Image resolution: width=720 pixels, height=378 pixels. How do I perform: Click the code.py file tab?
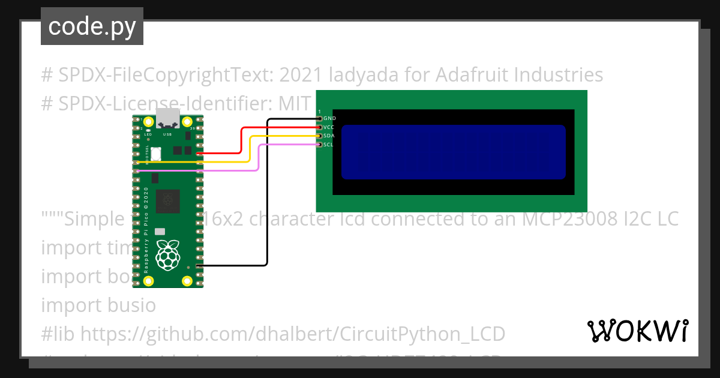pos(92,27)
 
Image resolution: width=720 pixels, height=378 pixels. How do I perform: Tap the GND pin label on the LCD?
pos(329,119)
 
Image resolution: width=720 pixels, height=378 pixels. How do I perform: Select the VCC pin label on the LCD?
pos(329,127)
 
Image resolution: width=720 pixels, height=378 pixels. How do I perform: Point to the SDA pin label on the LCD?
pos(329,136)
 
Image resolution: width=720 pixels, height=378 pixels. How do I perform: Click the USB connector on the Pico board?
pos(167,119)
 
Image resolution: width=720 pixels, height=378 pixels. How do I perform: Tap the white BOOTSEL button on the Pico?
pos(156,154)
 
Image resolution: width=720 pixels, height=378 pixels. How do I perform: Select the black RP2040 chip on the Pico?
pos(168,201)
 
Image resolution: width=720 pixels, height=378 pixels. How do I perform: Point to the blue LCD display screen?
pos(454,152)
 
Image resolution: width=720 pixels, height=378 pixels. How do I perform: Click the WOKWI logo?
pos(638,331)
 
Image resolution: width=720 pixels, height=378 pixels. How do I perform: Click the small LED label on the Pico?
pos(148,135)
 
